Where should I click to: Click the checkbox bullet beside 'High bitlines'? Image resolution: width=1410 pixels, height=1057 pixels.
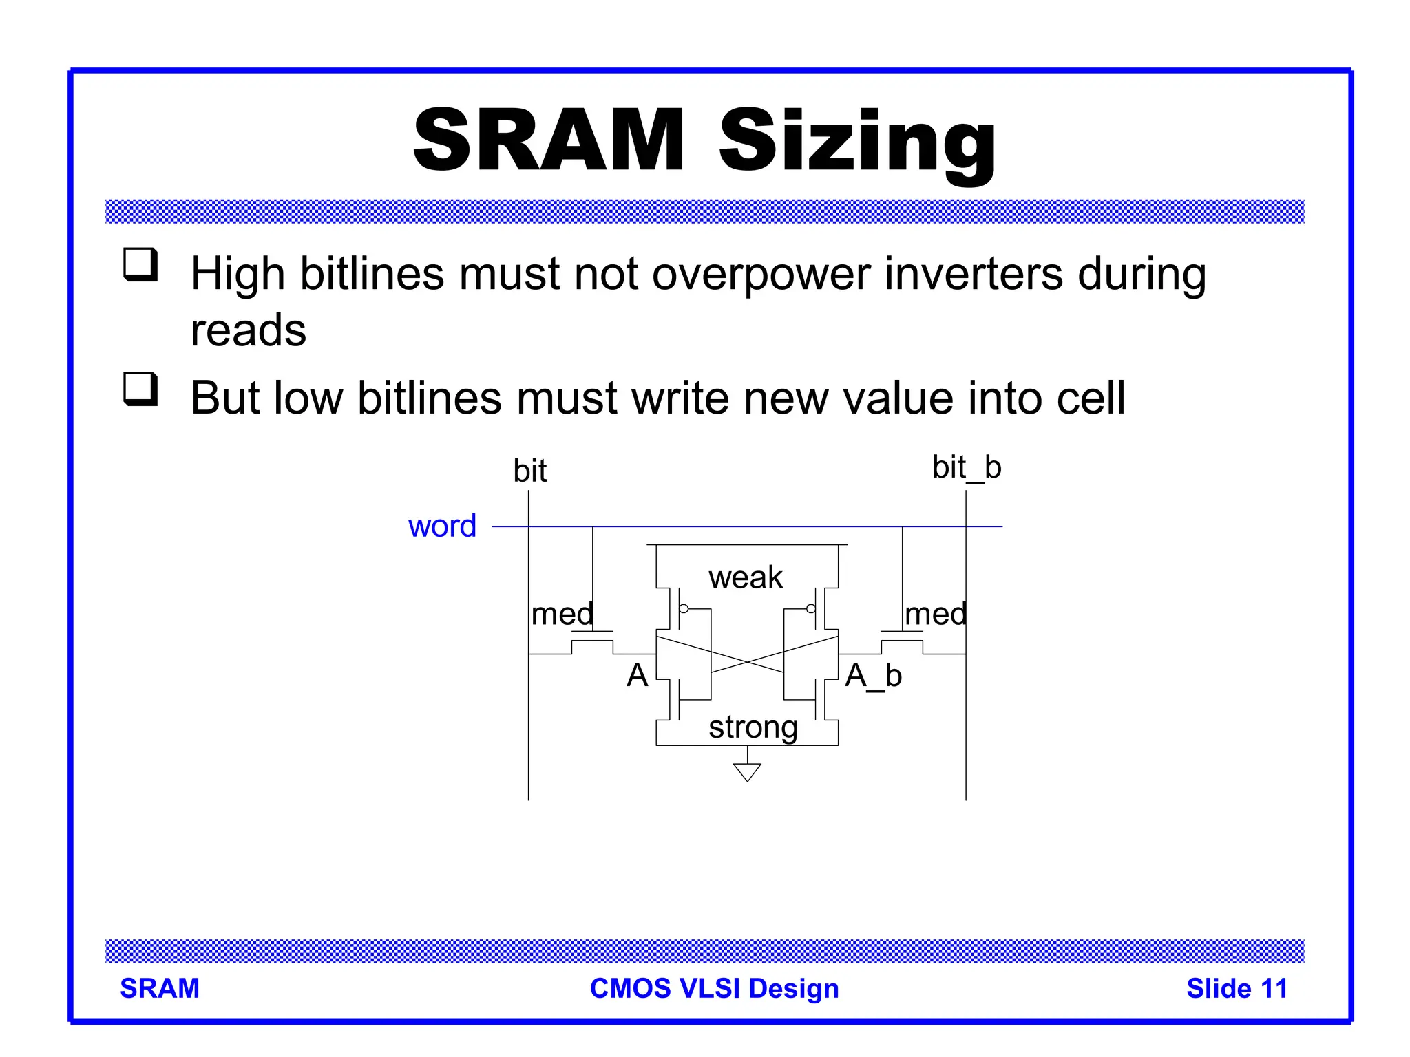140,264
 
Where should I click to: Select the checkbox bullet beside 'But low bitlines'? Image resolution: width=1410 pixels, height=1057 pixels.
140,389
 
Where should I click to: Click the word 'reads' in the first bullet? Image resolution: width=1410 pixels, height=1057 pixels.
248,330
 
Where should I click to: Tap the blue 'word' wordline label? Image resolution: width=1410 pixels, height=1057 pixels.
442,526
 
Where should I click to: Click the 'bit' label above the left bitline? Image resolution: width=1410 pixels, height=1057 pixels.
529,471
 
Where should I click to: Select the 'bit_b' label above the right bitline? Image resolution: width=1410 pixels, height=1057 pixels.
966,468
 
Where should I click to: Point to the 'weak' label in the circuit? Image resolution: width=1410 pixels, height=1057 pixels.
746,577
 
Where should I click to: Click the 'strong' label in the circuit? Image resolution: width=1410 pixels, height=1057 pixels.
753,727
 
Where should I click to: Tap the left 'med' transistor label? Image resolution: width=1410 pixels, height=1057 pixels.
562,614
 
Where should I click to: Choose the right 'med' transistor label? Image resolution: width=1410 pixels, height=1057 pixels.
936,614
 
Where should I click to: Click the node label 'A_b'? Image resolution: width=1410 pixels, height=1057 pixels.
873,676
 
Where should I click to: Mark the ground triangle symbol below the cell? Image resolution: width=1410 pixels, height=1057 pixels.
747,772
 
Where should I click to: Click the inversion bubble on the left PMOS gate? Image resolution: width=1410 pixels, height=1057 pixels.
684,608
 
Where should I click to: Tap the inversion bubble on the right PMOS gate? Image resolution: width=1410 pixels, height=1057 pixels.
810,608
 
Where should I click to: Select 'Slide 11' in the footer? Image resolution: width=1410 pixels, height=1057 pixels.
1237,988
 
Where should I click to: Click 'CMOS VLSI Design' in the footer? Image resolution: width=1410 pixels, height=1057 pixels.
714,988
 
